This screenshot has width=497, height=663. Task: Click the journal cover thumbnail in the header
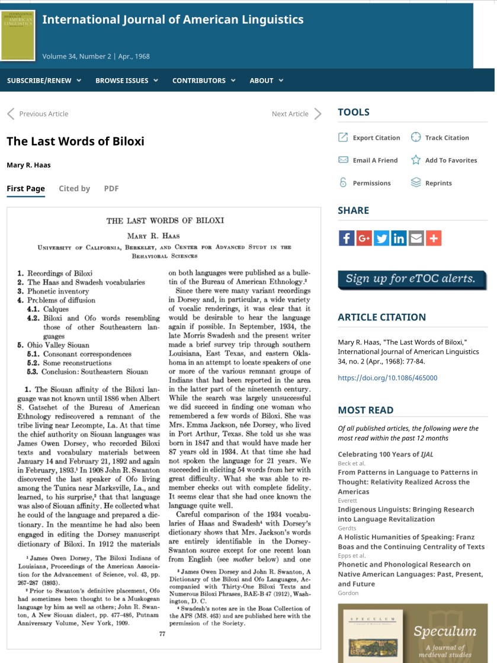[x=18, y=35]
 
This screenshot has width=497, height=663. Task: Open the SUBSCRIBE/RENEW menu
[x=44, y=81]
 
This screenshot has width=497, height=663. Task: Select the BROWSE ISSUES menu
[x=126, y=81]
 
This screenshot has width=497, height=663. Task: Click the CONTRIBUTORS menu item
[x=203, y=81]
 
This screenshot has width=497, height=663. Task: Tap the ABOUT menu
[x=266, y=81]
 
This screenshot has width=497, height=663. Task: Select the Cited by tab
[x=74, y=188]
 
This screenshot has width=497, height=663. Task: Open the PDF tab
[x=111, y=188]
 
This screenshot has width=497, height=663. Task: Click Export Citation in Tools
[x=376, y=138]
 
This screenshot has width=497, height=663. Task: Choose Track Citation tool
[x=446, y=138]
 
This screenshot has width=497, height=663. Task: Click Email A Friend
[x=374, y=160]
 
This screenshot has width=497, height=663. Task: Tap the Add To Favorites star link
[x=450, y=160]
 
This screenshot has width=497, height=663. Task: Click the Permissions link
[x=371, y=184]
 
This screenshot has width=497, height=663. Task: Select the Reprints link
[x=438, y=184]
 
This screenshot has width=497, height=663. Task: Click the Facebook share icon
[x=347, y=238]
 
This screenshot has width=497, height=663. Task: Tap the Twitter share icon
[x=381, y=238]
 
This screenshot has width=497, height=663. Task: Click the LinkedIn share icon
[x=399, y=238]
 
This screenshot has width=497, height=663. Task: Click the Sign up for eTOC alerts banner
[x=412, y=279]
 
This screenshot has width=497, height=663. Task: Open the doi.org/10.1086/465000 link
[x=387, y=378]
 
